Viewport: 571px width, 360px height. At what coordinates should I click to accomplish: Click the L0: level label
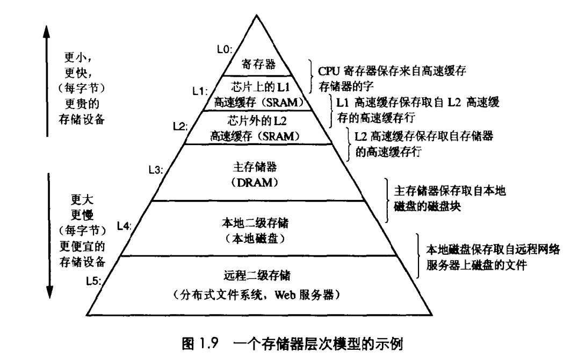[225, 49]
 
